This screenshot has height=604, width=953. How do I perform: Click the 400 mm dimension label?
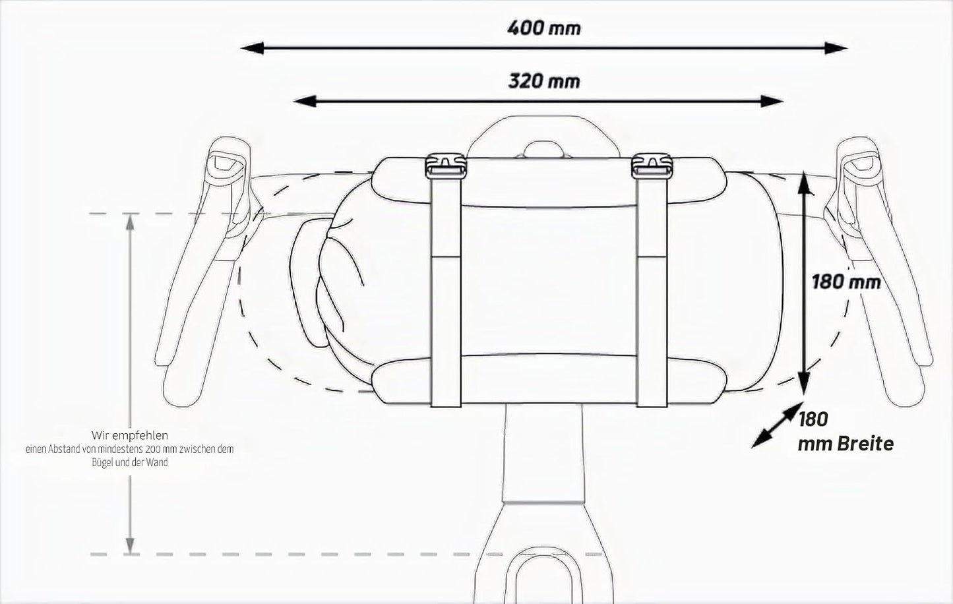point(544,28)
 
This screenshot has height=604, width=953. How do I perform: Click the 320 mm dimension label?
point(544,81)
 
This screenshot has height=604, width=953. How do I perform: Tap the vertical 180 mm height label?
point(845,282)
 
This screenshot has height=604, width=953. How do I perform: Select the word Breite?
point(866,444)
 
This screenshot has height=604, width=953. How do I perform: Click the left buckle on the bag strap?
point(445,166)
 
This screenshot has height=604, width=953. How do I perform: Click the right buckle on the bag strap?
point(652,166)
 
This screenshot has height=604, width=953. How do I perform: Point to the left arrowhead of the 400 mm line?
point(253,48)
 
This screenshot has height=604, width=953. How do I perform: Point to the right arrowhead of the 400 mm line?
point(836,48)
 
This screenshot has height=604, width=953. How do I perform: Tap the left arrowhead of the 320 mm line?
point(305,102)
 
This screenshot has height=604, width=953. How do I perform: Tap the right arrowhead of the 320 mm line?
point(772,102)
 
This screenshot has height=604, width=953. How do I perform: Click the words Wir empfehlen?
point(130,436)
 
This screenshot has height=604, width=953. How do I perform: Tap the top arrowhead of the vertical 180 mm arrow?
point(803,183)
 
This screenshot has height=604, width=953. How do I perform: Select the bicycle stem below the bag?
point(543,453)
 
